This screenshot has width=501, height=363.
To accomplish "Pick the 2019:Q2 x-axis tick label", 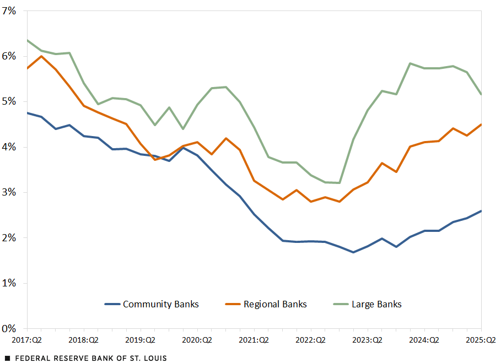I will (x=140, y=340).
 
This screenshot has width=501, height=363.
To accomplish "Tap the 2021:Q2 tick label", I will (x=254, y=340).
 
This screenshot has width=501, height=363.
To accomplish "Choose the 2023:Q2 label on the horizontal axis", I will (x=368, y=340).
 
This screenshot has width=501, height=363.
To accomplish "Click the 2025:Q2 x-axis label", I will (x=481, y=340).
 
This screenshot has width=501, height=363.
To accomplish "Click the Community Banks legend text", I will (x=160, y=304).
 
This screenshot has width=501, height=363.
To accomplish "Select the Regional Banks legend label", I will (x=275, y=304).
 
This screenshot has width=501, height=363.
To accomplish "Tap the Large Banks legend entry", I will (x=376, y=304).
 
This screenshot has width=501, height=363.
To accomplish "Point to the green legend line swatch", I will (x=342, y=304).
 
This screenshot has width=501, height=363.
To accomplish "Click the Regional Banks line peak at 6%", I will (x=41, y=56).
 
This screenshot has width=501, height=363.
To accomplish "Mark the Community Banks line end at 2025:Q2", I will (x=481, y=211).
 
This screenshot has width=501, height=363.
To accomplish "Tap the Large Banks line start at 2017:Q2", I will (x=28, y=40).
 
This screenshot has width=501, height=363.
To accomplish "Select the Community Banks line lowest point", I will (x=353, y=252).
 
